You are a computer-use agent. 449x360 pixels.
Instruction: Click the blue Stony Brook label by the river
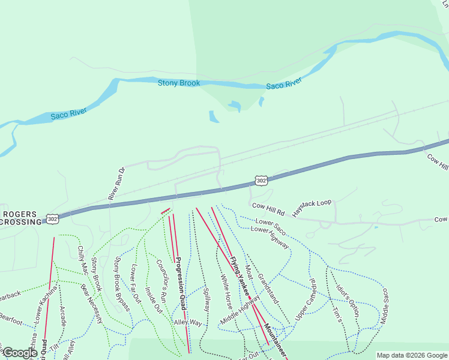tap(179, 83)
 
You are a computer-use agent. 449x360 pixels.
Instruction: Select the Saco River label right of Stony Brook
tap(283, 85)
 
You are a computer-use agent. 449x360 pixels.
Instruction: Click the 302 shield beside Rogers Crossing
tap(52, 219)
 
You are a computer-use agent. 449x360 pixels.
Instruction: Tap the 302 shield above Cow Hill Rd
tap(260, 181)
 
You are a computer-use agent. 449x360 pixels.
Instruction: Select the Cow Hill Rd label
tap(267, 206)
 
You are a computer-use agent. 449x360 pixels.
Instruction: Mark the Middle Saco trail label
tap(385, 305)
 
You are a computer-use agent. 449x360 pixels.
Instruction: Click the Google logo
tap(20, 353)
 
